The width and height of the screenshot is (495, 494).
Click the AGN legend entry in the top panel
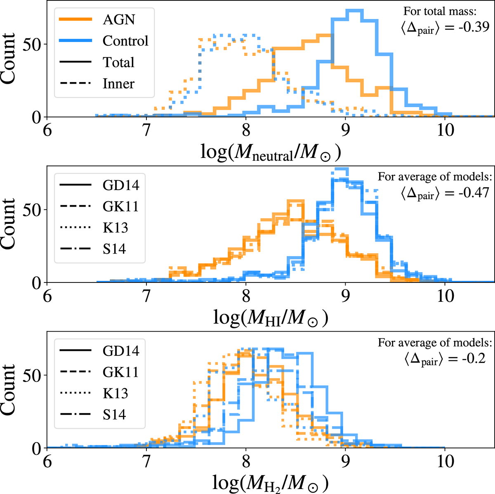coord(119,20)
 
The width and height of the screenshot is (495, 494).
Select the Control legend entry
coord(125,41)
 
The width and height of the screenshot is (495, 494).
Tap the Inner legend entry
coord(118,84)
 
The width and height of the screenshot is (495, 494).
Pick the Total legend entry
coord(118,63)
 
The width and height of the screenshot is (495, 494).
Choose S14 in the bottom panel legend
coord(114,414)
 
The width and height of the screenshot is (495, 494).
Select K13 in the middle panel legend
coord(115,228)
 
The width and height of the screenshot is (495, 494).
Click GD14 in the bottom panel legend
coord(121,351)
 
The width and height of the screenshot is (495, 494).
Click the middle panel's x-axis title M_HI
coord(271,318)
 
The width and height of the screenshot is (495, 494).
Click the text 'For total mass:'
coord(446,11)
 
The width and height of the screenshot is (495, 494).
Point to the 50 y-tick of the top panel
coord(32,45)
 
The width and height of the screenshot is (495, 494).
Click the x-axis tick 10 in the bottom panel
coord(445,461)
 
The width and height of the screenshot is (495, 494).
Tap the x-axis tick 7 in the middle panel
coord(146,296)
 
